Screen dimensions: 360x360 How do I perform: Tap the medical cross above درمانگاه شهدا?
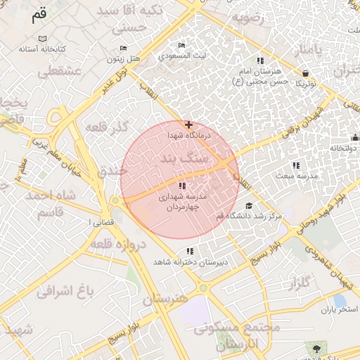pyautogui.click(x=188, y=124)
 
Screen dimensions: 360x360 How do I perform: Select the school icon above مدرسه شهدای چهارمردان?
pyautogui.click(x=183, y=186)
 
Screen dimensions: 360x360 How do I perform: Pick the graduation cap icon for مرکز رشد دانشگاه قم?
pyautogui.click(x=249, y=206)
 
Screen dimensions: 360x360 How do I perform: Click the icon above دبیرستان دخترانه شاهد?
pyautogui.click(x=190, y=251)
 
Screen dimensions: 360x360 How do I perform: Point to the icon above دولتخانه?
pyautogui.click(x=355, y=137)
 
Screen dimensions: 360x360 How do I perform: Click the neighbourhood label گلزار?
pyautogui.click(x=299, y=283)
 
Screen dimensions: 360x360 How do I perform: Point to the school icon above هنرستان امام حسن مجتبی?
pyautogui.click(x=260, y=61)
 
